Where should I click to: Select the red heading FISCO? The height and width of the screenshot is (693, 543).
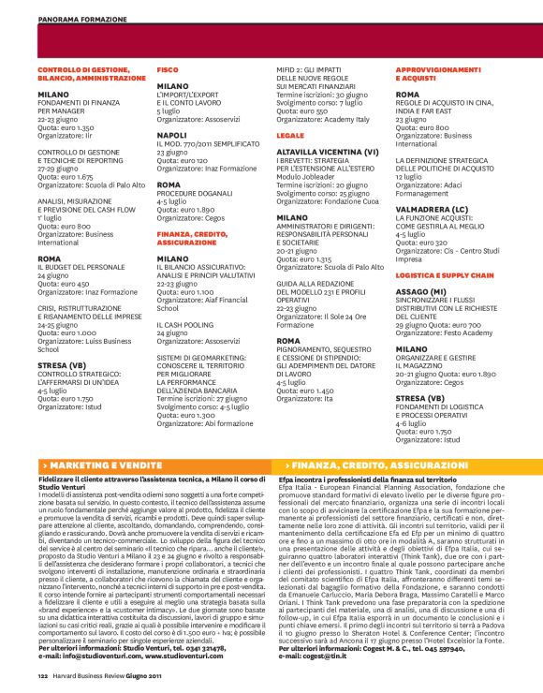point(168,70)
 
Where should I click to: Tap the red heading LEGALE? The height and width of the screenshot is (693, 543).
point(290,136)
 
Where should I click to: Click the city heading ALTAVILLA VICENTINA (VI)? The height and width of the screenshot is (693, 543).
point(327,151)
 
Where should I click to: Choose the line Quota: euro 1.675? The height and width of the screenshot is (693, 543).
point(66,174)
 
